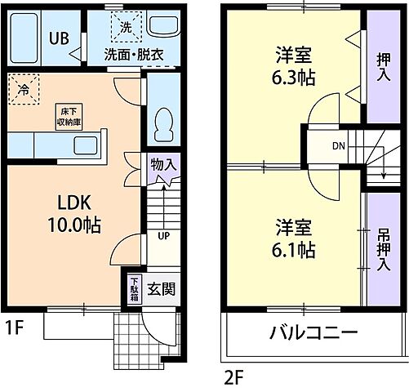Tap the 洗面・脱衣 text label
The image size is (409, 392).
coord(133,55)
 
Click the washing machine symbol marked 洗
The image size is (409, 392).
coord(126,26)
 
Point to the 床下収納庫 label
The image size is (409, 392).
coord(67,115)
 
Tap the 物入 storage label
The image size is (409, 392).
coord(162,164)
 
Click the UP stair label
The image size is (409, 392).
coord(162,237)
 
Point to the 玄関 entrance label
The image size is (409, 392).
coord(161,289)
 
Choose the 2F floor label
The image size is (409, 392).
coord(233,377)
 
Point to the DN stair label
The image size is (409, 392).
coord(338,147)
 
